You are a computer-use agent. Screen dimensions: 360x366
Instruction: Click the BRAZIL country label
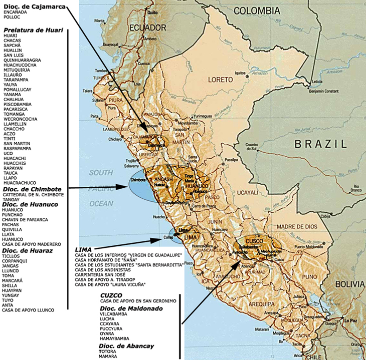[320, 144]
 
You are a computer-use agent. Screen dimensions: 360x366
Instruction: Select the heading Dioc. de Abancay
[126, 346]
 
